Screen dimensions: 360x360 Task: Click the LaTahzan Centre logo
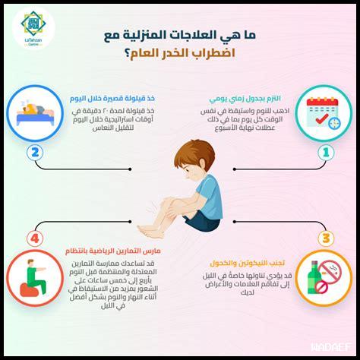coord(32,30)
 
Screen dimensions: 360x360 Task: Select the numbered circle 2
coord(33,152)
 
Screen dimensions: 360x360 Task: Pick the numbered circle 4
coord(33,238)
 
